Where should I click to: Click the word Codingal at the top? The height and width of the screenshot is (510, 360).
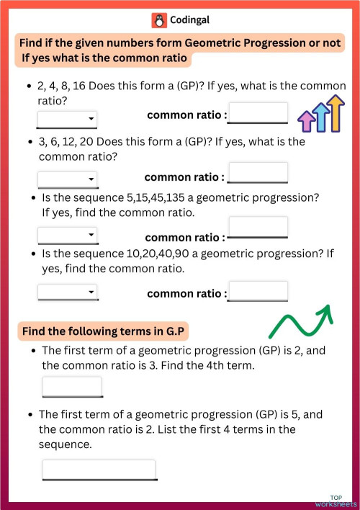[190, 20]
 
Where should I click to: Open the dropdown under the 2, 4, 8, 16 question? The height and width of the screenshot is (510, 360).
[67, 119]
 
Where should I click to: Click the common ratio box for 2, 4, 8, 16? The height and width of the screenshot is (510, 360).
[258, 114]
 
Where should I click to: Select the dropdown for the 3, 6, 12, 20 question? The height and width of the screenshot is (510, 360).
[67, 179]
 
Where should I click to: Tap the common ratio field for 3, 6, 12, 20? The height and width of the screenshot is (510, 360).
[257, 174]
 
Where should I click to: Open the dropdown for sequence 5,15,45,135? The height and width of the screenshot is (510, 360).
[67, 235]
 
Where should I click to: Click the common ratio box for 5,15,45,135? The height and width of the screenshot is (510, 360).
[258, 228]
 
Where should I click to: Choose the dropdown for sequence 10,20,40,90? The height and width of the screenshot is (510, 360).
[67, 292]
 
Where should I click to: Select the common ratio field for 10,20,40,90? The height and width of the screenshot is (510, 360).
[258, 291]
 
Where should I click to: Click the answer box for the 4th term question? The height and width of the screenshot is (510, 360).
[72, 387]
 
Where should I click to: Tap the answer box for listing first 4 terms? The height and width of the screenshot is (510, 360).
[99, 470]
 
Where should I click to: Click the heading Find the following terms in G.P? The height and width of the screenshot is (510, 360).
[105, 331]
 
